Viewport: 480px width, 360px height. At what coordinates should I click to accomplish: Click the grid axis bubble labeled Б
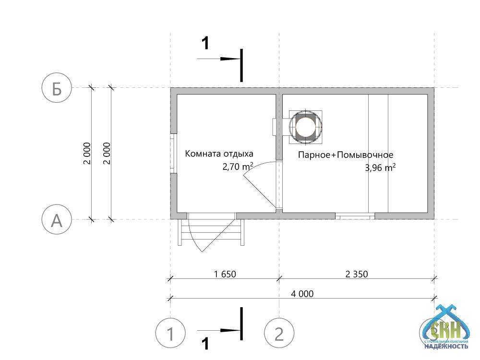click(x=57, y=87)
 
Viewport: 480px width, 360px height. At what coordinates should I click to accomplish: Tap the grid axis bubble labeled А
click(x=57, y=219)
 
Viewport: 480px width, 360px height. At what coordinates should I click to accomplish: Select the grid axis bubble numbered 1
click(x=170, y=334)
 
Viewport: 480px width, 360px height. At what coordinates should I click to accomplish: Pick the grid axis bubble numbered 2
click(x=279, y=334)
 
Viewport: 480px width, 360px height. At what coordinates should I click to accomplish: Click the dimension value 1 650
click(x=225, y=274)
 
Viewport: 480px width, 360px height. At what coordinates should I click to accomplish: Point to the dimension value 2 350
click(x=357, y=274)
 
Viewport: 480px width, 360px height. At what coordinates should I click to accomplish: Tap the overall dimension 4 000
click(x=302, y=294)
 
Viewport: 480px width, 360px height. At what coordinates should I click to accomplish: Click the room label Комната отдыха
click(x=219, y=154)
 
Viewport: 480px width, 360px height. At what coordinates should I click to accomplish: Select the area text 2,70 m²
click(x=238, y=167)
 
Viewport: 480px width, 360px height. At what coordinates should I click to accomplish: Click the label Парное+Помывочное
click(x=346, y=155)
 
